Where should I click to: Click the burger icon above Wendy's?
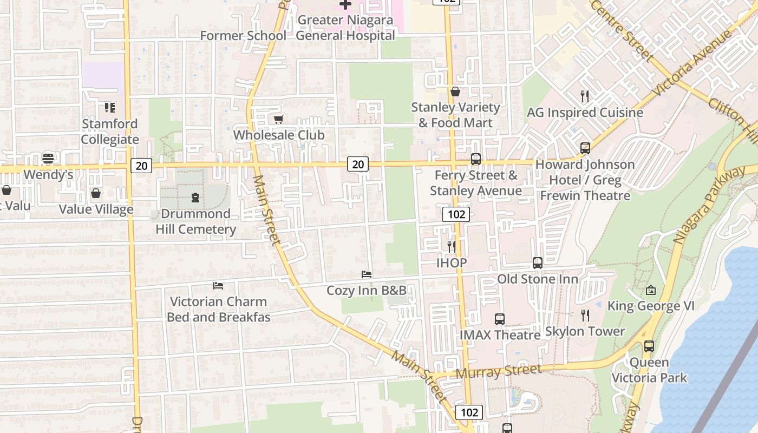tap(48, 159)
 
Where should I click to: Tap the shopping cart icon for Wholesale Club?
tap(278, 119)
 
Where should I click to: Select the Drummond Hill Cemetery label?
tap(195, 221)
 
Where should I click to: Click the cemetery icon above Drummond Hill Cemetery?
tap(195, 198)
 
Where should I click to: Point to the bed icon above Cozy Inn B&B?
tap(367, 274)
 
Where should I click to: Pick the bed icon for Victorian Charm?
tap(218, 285)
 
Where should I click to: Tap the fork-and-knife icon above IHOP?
tap(452, 247)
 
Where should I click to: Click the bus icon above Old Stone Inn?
tap(537, 263)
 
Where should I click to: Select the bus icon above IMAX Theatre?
tap(499, 319)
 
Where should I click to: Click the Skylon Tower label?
tap(585, 331)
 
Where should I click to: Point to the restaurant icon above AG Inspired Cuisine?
tap(584, 96)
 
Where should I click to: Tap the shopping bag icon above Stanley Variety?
tap(455, 91)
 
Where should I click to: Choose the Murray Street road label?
tap(498, 371)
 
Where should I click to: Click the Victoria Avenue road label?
tap(692, 64)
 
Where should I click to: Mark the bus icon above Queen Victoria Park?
tap(649, 346)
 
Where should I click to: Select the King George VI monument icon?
tap(650, 291)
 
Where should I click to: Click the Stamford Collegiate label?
tap(110, 132)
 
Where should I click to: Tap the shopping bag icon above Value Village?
tap(96, 193)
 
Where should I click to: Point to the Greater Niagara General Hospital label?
tap(345, 28)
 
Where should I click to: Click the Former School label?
tap(243, 36)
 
